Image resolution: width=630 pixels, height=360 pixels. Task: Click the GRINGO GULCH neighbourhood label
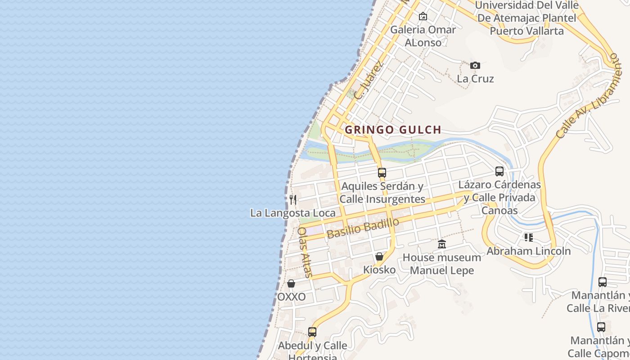[x=393, y=130]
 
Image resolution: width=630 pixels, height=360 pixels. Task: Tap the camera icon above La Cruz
[x=475, y=66]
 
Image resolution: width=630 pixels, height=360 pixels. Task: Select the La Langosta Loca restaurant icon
[x=293, y=199]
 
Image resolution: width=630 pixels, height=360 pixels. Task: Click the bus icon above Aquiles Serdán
[x=382, y=172]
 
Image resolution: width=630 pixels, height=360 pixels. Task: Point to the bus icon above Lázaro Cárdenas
[x=499, y=171]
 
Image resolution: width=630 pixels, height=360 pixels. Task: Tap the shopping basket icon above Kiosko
[x=379, y=256]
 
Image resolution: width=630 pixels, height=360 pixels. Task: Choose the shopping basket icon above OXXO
[x=291, y=283]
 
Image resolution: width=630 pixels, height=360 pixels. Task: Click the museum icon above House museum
[x=442, y=244]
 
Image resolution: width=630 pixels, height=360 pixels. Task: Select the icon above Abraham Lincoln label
[x=529, y=237]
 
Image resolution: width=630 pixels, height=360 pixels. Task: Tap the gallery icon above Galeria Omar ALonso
[x=423, y=16]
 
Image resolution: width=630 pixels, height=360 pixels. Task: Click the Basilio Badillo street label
[x=363, y=229]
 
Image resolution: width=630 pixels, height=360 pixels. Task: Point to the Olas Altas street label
[x=305, y=252]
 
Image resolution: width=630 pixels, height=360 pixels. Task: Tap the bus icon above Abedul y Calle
[x=312, y=332]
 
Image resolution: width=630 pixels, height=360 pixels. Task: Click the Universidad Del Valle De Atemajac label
[x=526, y=18]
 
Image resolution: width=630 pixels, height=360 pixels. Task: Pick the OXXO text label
[x=292, y=297]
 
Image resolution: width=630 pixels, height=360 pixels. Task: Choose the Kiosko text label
[x=379, y=270]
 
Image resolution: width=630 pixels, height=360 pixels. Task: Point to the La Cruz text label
[x=475, y=79]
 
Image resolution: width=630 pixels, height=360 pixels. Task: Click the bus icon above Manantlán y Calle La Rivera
[x=603, y=282]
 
